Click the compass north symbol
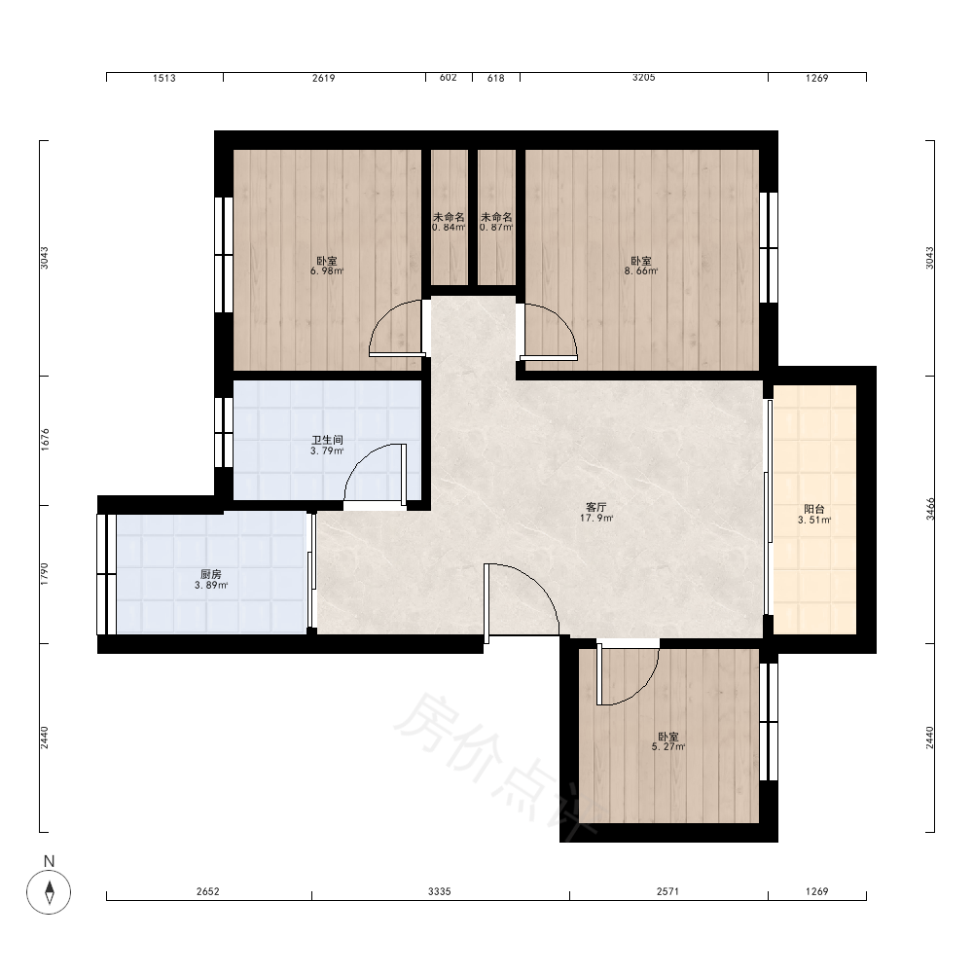click(49, 891)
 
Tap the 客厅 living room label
click(596, 508)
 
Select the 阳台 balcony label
click(814, 510)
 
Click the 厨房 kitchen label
click(211, 575)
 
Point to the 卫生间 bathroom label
click(327, 440)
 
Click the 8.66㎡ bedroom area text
click(641, 271)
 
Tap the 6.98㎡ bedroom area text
click(327, 271)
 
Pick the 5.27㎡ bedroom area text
click(668, 747)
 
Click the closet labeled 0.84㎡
click(449, 222)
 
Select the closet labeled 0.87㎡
click(496, 222)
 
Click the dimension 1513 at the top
click(163, 78)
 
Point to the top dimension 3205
click(643, 78)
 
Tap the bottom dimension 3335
click(440, 891)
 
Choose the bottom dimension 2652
click(208, 891)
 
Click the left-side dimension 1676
click(45, 440)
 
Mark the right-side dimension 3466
click(930, 509)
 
